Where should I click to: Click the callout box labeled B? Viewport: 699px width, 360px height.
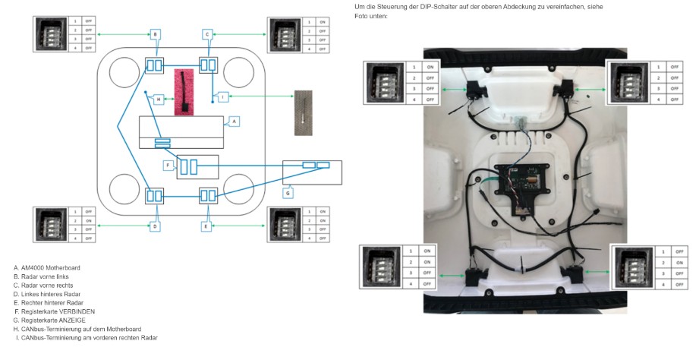154,34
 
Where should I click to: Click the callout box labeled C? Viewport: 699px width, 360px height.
207,34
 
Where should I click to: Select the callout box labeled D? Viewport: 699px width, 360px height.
154,226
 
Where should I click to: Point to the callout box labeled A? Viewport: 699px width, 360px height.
234,121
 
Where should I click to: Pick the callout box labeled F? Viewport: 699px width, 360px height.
168,165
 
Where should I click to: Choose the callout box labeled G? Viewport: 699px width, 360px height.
287,192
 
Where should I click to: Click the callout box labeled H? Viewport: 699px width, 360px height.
158,99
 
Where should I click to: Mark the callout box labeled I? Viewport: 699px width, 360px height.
222,96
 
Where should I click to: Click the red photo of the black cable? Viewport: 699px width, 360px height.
184,92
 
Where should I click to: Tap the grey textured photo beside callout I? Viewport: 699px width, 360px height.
303,113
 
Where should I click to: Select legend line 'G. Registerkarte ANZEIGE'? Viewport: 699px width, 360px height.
49,320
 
